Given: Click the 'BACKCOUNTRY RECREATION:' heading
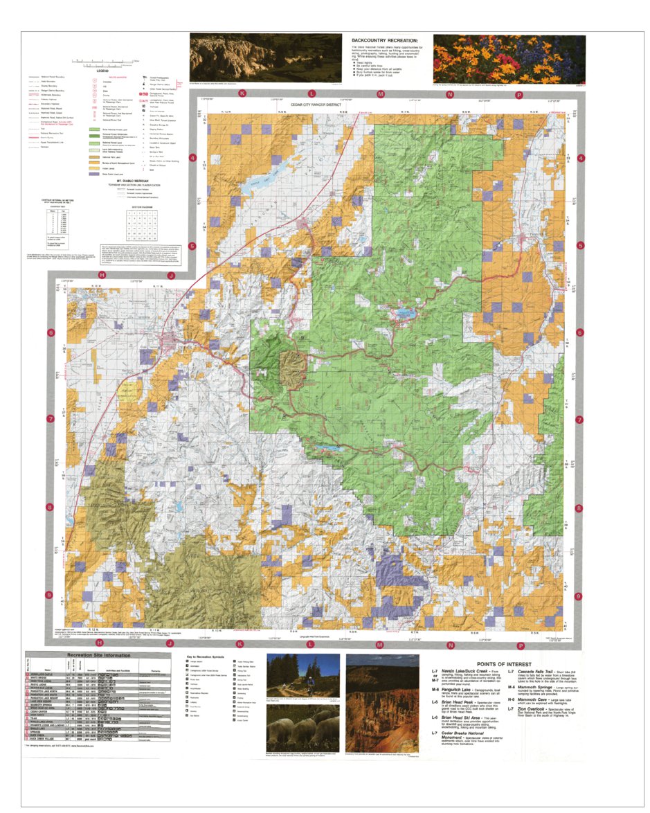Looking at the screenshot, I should click(385, 41).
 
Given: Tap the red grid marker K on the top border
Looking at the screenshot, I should click(242, 93).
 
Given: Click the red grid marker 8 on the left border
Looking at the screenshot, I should click(50, 508).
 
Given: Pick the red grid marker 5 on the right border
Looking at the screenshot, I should click(580, 245).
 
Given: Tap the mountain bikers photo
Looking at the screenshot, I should click(303, 675).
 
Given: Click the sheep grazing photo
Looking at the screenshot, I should click(303, 731).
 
